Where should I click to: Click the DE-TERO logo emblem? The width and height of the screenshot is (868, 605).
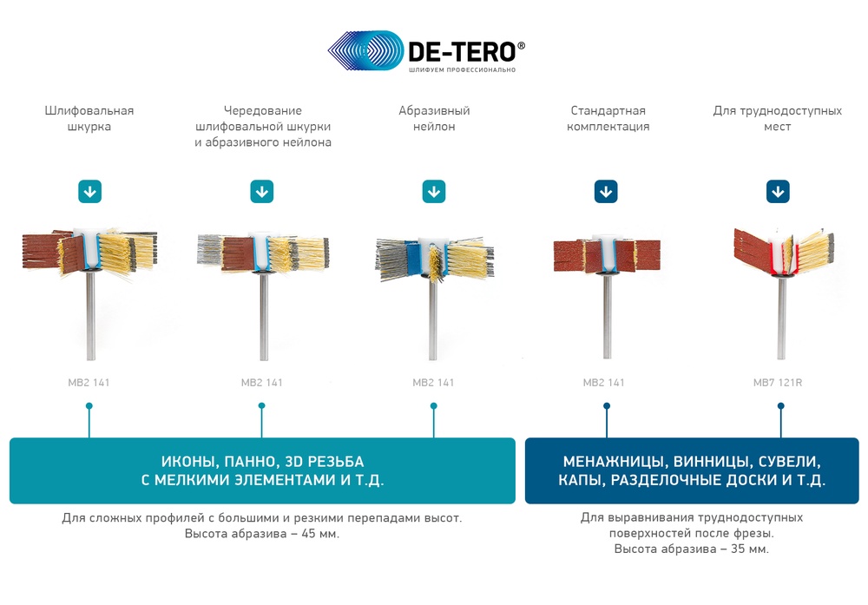366,50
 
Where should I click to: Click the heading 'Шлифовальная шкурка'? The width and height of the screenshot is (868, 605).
89,118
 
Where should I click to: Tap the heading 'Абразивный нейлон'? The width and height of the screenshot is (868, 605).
434,118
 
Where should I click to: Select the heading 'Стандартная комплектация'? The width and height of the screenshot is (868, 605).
608,118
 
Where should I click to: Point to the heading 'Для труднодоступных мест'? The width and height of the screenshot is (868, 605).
777,118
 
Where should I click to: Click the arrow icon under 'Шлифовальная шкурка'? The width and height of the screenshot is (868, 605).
89,192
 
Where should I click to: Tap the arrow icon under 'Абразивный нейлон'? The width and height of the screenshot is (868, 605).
434,192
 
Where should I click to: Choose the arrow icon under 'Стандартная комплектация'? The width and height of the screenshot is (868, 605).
606,192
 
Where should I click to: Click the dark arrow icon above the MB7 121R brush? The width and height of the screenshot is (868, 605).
778,192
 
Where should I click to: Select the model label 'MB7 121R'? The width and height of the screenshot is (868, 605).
777,383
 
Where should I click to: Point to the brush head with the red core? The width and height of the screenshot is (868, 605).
783,252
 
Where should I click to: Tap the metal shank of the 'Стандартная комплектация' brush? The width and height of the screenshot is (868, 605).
608,316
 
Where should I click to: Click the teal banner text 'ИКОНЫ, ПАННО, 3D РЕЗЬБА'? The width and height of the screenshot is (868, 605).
262,462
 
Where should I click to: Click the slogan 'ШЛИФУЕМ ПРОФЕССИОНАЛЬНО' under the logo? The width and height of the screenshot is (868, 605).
463,69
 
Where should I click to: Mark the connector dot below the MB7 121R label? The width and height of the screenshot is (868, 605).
780,405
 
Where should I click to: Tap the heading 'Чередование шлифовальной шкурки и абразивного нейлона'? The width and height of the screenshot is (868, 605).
263,126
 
